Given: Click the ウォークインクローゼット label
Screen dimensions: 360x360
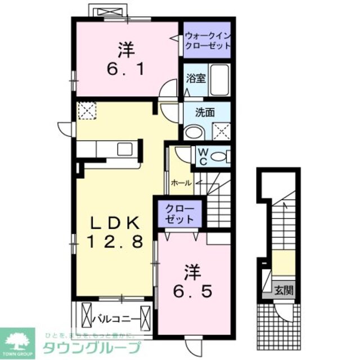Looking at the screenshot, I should tap(208, 39).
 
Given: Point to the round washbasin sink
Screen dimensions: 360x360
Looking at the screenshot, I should tap(194, 132).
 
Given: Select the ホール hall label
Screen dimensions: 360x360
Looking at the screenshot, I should tap(180, 183).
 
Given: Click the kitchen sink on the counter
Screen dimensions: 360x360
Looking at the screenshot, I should tap(123, 150).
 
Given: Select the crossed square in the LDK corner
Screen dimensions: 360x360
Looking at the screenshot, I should tap(86, 110).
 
